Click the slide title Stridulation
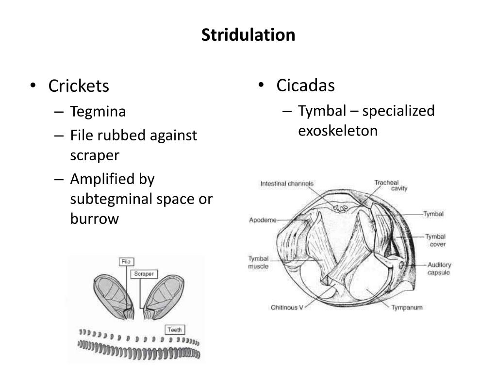point(248,35)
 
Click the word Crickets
point(79,86)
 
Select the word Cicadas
point(305,85)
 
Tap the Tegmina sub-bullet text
point(98,111)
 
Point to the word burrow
point(94,219)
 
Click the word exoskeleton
point(338,131)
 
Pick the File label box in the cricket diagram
point(126,262)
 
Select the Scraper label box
point(144,274)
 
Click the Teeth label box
point(174,330)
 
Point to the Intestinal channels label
point(287,184)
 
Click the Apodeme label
point(263,220)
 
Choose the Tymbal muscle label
point(258,262)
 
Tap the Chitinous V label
point(286,307)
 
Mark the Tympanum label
point(407,307)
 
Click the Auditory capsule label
point(439,269)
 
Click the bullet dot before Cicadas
point(261,85)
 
